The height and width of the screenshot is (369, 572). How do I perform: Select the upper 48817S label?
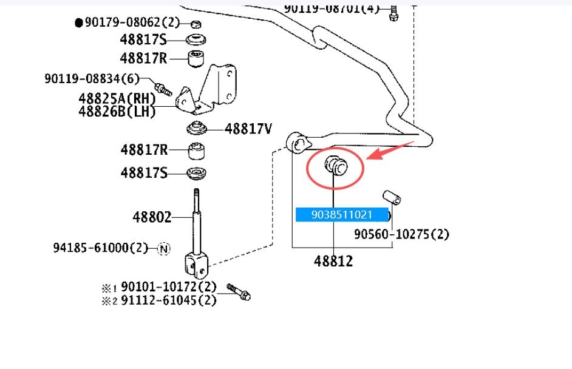(x=143, y=40)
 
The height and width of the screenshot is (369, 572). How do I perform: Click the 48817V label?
(x=248, y=129)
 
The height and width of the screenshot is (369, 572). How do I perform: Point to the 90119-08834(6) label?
(x=92, y=79)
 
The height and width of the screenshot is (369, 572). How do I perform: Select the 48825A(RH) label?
(x=117, y=98)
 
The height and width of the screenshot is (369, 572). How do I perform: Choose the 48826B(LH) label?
(x=117, y=111)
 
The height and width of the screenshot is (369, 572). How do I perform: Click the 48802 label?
(x=152, y=216)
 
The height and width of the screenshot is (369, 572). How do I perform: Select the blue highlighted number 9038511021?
(x=342, y=214)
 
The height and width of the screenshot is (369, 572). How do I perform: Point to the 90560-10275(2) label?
(x=401, y=234)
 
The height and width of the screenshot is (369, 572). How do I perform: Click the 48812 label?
(x=333, y=262)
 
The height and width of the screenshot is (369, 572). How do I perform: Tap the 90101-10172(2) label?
(x=168, y=286)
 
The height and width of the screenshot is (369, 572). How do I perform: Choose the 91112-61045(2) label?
(x=168, y=299)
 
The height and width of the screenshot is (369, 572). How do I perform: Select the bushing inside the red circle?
(x=335, y=165)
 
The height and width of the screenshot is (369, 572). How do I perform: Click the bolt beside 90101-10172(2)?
(x=238, y=291)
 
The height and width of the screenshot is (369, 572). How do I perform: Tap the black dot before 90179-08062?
(x=78, y=23)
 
